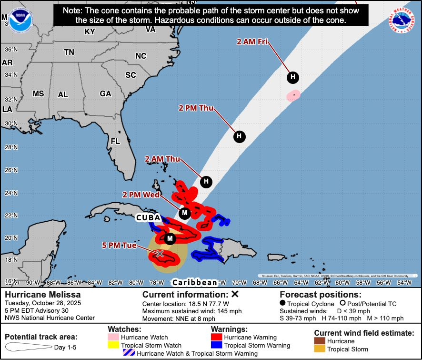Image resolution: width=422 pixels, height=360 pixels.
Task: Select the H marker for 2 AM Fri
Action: pos(293,77)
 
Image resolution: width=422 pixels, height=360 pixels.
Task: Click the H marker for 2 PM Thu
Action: pos(240,137)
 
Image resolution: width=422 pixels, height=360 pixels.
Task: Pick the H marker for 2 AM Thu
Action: pos(206,181)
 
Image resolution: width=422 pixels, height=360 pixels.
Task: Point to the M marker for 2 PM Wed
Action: pos(185,213)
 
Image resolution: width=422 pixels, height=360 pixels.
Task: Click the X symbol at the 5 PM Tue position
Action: pos(160,254)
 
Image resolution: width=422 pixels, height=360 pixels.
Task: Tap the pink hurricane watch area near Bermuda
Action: pos(293,95)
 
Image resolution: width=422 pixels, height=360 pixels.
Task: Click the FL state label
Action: pos(115,142)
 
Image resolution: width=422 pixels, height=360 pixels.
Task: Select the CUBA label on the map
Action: pos(148,217)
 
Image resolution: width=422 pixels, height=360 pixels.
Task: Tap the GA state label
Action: pos(105,94)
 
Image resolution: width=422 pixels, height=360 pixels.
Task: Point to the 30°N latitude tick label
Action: pos(10,123)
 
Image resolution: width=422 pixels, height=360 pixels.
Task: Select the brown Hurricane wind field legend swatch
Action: pos(320,341)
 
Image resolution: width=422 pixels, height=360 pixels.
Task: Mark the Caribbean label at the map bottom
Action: pos(195,282)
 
